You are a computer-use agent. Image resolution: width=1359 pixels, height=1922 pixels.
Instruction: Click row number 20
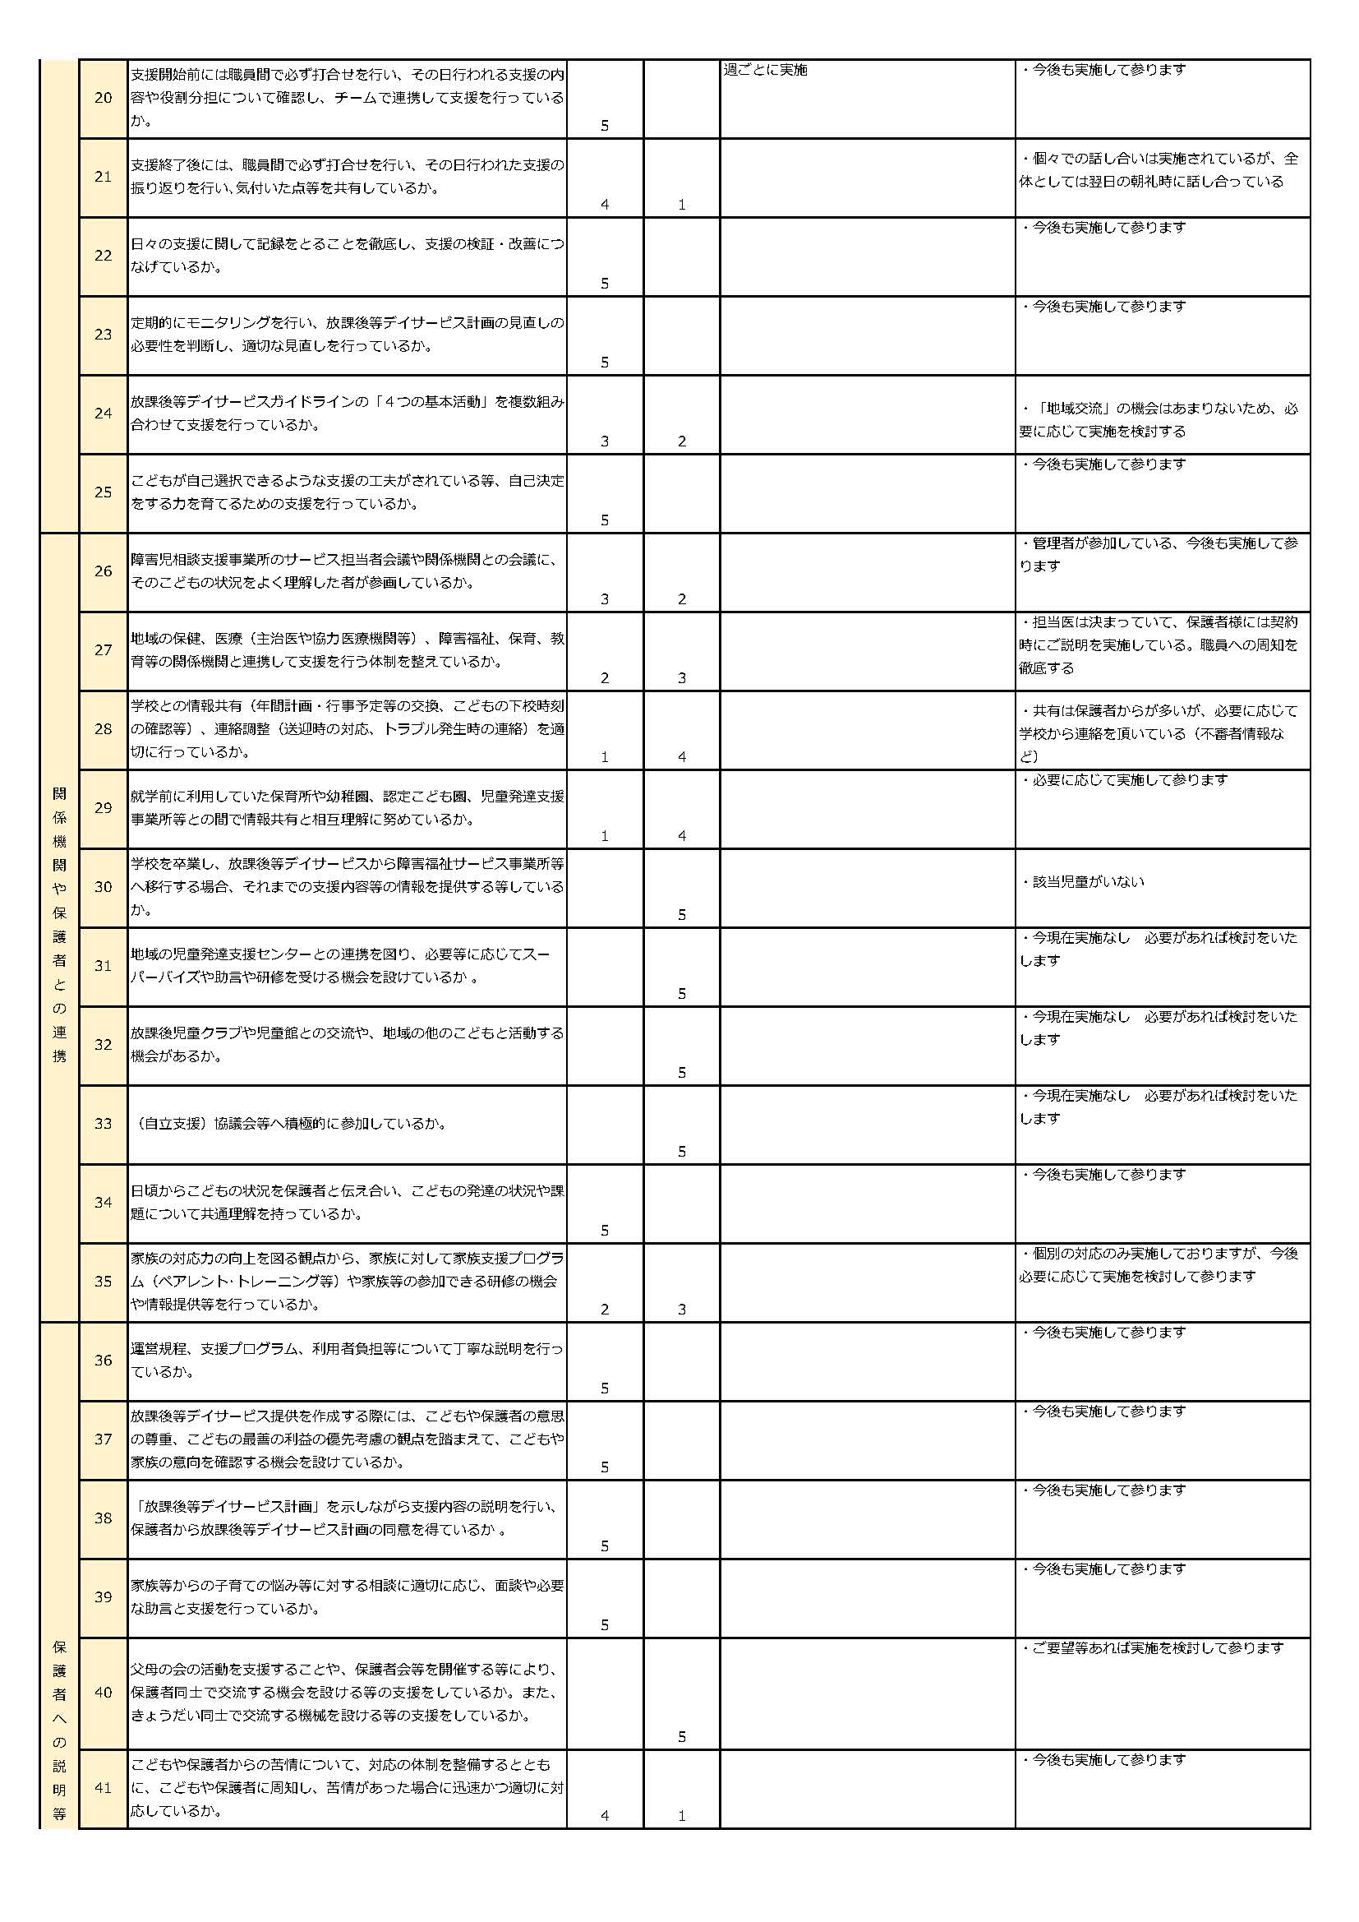103,98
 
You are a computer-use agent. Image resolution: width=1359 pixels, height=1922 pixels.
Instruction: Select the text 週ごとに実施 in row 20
765,71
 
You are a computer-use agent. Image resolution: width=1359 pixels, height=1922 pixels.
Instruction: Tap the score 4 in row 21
604,204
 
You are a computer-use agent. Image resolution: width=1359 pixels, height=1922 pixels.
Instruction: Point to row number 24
103,414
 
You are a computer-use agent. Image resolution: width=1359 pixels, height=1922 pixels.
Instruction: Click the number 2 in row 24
681,441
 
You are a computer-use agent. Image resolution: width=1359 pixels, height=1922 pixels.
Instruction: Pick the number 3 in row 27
681,678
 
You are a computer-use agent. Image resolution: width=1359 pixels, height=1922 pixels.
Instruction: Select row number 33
103,1124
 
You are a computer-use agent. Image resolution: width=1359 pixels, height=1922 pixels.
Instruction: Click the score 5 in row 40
681,1737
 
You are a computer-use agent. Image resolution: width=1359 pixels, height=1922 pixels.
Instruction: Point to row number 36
103,1361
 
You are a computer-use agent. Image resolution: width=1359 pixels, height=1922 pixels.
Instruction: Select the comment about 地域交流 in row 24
1159,420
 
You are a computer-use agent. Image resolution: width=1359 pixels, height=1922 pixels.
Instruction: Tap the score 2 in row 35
604,1310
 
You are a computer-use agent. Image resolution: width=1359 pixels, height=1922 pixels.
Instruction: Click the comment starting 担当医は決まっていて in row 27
1159,645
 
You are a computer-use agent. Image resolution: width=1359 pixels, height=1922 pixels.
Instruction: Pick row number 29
103,808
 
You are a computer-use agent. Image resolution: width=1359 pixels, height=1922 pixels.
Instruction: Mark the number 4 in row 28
681,757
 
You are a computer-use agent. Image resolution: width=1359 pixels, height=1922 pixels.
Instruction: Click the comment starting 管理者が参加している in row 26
1159,555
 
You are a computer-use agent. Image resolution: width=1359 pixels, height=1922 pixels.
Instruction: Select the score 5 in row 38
604,1546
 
